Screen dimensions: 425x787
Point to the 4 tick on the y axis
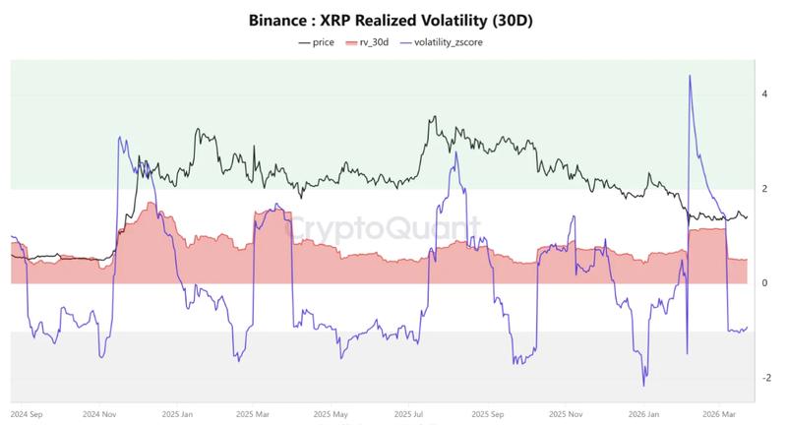click(x=764, y=94)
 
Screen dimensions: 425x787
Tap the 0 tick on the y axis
click(x=764, y=283)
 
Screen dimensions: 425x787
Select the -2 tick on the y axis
click(x=763, y=378)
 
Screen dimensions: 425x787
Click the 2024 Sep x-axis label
click(x=27, y=414)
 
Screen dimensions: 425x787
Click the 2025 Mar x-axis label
click(x=254, y=414)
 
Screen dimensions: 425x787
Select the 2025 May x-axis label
click(x=332, y=414)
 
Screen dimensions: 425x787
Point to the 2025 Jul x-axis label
click(x=408, y=414)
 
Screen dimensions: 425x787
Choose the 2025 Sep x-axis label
click(x=486, y=414)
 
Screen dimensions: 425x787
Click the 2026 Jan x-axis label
click(x=640, y=414)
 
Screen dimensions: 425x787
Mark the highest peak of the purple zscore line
click(x=690, y=76)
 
